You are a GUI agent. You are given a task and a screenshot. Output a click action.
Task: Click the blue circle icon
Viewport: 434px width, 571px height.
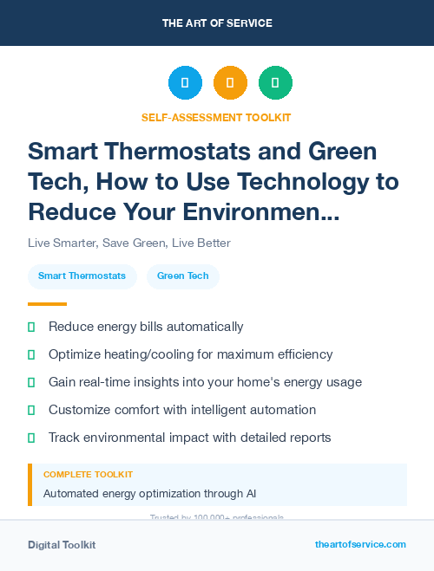(x=185, y=83)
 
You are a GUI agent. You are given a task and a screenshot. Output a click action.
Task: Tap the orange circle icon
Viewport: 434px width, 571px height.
(x=230, y=83)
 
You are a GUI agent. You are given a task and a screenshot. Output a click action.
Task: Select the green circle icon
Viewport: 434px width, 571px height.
(x=275, y=83)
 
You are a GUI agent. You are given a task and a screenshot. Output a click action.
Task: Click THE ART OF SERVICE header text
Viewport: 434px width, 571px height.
(x=217, y=23)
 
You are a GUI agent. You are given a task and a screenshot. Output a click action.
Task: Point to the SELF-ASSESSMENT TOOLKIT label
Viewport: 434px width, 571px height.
(x=216, y=117)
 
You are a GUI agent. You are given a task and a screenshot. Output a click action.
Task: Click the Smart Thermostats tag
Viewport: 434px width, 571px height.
(x=82, y=276)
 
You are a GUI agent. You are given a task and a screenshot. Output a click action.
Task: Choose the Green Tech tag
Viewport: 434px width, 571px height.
(x=182, y=276)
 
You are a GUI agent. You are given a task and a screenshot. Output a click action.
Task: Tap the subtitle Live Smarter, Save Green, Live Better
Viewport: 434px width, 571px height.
(x=129, y=243)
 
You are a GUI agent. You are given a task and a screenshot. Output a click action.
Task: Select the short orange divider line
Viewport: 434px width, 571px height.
(x=47, y=304)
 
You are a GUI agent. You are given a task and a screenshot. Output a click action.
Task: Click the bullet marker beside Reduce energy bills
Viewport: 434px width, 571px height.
(x=31, y=327)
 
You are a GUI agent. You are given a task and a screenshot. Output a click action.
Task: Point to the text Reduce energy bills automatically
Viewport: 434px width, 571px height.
(x=146, y=327)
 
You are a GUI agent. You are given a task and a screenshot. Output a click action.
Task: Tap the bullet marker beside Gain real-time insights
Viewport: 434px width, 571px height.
(x=31, y=382)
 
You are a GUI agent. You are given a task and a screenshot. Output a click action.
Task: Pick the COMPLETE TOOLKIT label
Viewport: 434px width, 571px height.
(x=89, y=475)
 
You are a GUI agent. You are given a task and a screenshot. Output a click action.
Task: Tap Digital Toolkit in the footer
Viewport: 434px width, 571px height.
(x=62, y=545)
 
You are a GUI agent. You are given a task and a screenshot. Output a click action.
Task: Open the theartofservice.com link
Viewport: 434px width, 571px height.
(x=360, y=544)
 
